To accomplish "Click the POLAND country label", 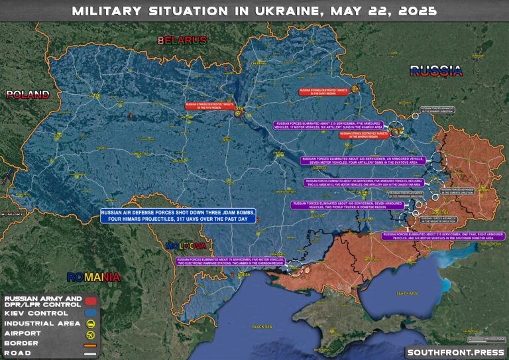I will [x=28, y=94].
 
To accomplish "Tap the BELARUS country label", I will [x=182, y=41].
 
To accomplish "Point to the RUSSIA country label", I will [x=435, y=70].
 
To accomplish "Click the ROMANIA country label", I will [x=93, y=276].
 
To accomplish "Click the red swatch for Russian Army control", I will [x=91, y=302].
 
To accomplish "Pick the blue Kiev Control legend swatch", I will [x=91, y=313].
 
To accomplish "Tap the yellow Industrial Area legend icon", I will [x=91, y=324].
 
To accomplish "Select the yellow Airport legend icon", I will [x=91, y=334].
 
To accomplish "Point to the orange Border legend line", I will [x=91, y=344].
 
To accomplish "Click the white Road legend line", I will [x=91, y=354].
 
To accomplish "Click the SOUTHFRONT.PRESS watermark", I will [x=453, y=352].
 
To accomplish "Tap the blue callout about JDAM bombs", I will [x=178, y=215].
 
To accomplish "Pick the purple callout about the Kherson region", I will [x=231, y=261].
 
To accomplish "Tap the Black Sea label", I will [x=263, y=327].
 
